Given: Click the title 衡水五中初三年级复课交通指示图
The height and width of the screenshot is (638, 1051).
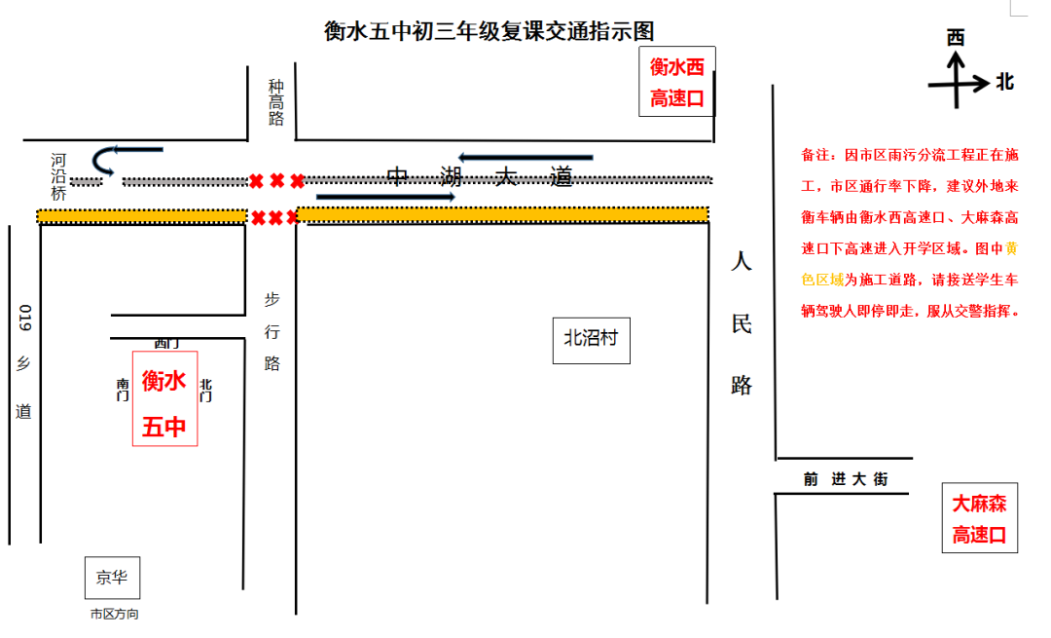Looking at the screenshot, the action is (x=495, y=31).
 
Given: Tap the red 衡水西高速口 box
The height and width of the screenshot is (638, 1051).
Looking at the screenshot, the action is (x=676, y=82).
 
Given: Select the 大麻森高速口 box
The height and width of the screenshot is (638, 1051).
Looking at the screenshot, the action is (x=979, y=518).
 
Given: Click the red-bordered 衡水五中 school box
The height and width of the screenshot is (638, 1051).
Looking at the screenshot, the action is (x=164, y=398).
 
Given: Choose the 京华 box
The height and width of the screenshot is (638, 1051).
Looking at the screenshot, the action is (x=112, y=577).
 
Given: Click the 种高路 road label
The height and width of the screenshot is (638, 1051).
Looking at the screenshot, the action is (x=276, y=103).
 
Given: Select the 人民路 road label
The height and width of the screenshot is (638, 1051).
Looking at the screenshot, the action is (x=742, y=323).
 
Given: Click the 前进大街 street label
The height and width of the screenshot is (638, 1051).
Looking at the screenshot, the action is (x=846, y=479).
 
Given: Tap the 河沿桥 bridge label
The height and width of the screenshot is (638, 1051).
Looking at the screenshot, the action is (x=58, y=176).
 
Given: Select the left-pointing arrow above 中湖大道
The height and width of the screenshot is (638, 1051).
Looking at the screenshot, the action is (x=525, y=157).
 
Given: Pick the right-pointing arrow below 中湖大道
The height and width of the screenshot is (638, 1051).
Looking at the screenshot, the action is (x=385, y=197).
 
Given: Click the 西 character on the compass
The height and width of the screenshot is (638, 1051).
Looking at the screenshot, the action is (x=956, y=37).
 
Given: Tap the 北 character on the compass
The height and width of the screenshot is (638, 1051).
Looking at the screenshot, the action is (x=1004, y=83).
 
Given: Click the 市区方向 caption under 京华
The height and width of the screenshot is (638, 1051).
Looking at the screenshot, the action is (x=114, y=615).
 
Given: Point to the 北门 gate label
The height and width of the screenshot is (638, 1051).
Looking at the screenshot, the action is (x=206, y=390).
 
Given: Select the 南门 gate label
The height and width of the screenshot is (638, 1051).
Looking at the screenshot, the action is (x=123, y=390).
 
